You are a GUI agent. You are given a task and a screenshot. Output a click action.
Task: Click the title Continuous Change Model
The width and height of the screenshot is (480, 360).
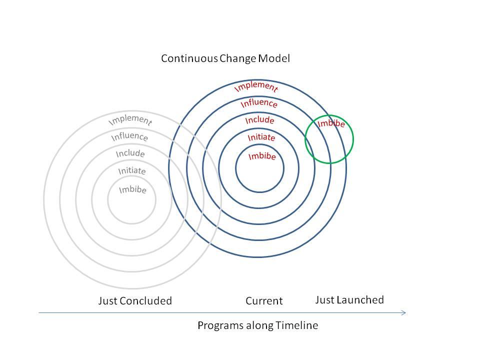(225, 58)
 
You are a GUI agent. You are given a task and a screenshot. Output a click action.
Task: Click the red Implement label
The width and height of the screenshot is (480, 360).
(256, 86)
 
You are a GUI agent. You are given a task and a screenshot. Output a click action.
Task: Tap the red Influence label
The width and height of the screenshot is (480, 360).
(259, 103)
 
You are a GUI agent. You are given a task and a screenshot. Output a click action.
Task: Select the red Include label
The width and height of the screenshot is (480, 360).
(259, 119)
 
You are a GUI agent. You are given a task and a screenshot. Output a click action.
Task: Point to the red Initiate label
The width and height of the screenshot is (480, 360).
(261, 137)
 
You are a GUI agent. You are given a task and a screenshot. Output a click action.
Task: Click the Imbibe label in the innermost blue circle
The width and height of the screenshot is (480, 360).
(262, 156)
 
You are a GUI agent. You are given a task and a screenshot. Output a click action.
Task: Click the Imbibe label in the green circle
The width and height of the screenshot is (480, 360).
(331, 123)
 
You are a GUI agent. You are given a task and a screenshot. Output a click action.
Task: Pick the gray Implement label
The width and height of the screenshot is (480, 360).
(130, 119)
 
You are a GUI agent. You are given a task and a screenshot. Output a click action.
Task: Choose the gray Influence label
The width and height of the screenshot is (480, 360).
(129, 136)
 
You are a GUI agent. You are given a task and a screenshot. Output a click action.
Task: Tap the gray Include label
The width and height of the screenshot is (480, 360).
(130, 153)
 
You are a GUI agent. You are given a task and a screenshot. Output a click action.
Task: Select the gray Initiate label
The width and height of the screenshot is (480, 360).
(132, 170)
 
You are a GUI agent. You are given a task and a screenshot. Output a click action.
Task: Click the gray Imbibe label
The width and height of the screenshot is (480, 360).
(132, 189)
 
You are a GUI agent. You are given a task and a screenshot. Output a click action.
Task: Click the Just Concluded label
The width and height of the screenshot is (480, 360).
(135, 300)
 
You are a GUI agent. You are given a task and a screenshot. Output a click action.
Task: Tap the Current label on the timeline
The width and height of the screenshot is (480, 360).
(264, 300)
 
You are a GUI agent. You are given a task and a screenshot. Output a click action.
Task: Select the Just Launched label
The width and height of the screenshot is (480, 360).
(349, 299)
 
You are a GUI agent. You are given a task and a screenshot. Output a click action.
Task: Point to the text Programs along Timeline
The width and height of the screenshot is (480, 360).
(258, 325)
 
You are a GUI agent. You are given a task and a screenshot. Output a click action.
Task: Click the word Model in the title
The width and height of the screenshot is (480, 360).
(274, 58)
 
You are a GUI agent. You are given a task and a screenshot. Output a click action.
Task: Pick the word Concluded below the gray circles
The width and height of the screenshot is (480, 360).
(145, 300)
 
